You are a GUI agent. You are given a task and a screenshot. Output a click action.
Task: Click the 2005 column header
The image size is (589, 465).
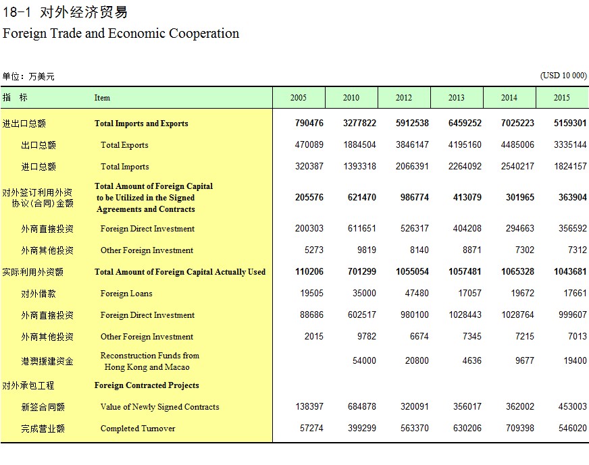point(299,98)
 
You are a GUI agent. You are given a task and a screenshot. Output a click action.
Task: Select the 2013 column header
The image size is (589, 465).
point(457,98)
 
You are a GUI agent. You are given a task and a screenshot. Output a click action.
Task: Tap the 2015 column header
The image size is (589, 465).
point(561,98)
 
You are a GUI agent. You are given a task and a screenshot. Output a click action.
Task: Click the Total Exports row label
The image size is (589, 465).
point(124,145)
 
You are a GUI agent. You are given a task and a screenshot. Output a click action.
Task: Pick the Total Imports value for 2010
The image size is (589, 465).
point(359,166)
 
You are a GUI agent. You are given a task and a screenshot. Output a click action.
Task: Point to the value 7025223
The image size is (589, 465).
point(517,123)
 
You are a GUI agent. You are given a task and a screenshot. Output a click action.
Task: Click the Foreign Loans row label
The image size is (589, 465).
point(126,294)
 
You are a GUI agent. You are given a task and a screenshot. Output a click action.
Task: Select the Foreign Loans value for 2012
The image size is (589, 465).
point(417,293)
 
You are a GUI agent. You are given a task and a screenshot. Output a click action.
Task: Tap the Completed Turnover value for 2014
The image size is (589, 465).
point(520,429)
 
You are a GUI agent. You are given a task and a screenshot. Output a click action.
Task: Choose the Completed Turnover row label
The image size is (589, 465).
point(138,429)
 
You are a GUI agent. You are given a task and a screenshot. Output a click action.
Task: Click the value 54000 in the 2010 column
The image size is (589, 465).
point(364,360)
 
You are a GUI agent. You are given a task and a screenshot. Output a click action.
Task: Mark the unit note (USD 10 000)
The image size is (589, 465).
point(563,76)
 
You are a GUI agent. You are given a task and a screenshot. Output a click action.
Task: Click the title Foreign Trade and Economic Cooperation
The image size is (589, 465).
point(121,33)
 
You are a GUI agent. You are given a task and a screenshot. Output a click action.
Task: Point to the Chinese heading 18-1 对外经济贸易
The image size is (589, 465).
point(66,12)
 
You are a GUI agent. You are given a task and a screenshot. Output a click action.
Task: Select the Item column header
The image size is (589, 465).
point(102,98)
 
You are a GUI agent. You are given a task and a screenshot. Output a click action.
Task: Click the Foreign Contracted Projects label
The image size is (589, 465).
point(147,385)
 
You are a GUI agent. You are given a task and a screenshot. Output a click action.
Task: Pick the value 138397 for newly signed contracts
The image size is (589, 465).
point(309,406)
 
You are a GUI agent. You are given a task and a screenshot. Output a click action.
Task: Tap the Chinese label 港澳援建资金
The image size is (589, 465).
point(47,362)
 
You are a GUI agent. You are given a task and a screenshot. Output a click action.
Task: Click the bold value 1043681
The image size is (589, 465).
point(570,272)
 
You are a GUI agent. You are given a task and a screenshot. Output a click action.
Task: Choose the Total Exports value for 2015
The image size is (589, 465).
point(570,145)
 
